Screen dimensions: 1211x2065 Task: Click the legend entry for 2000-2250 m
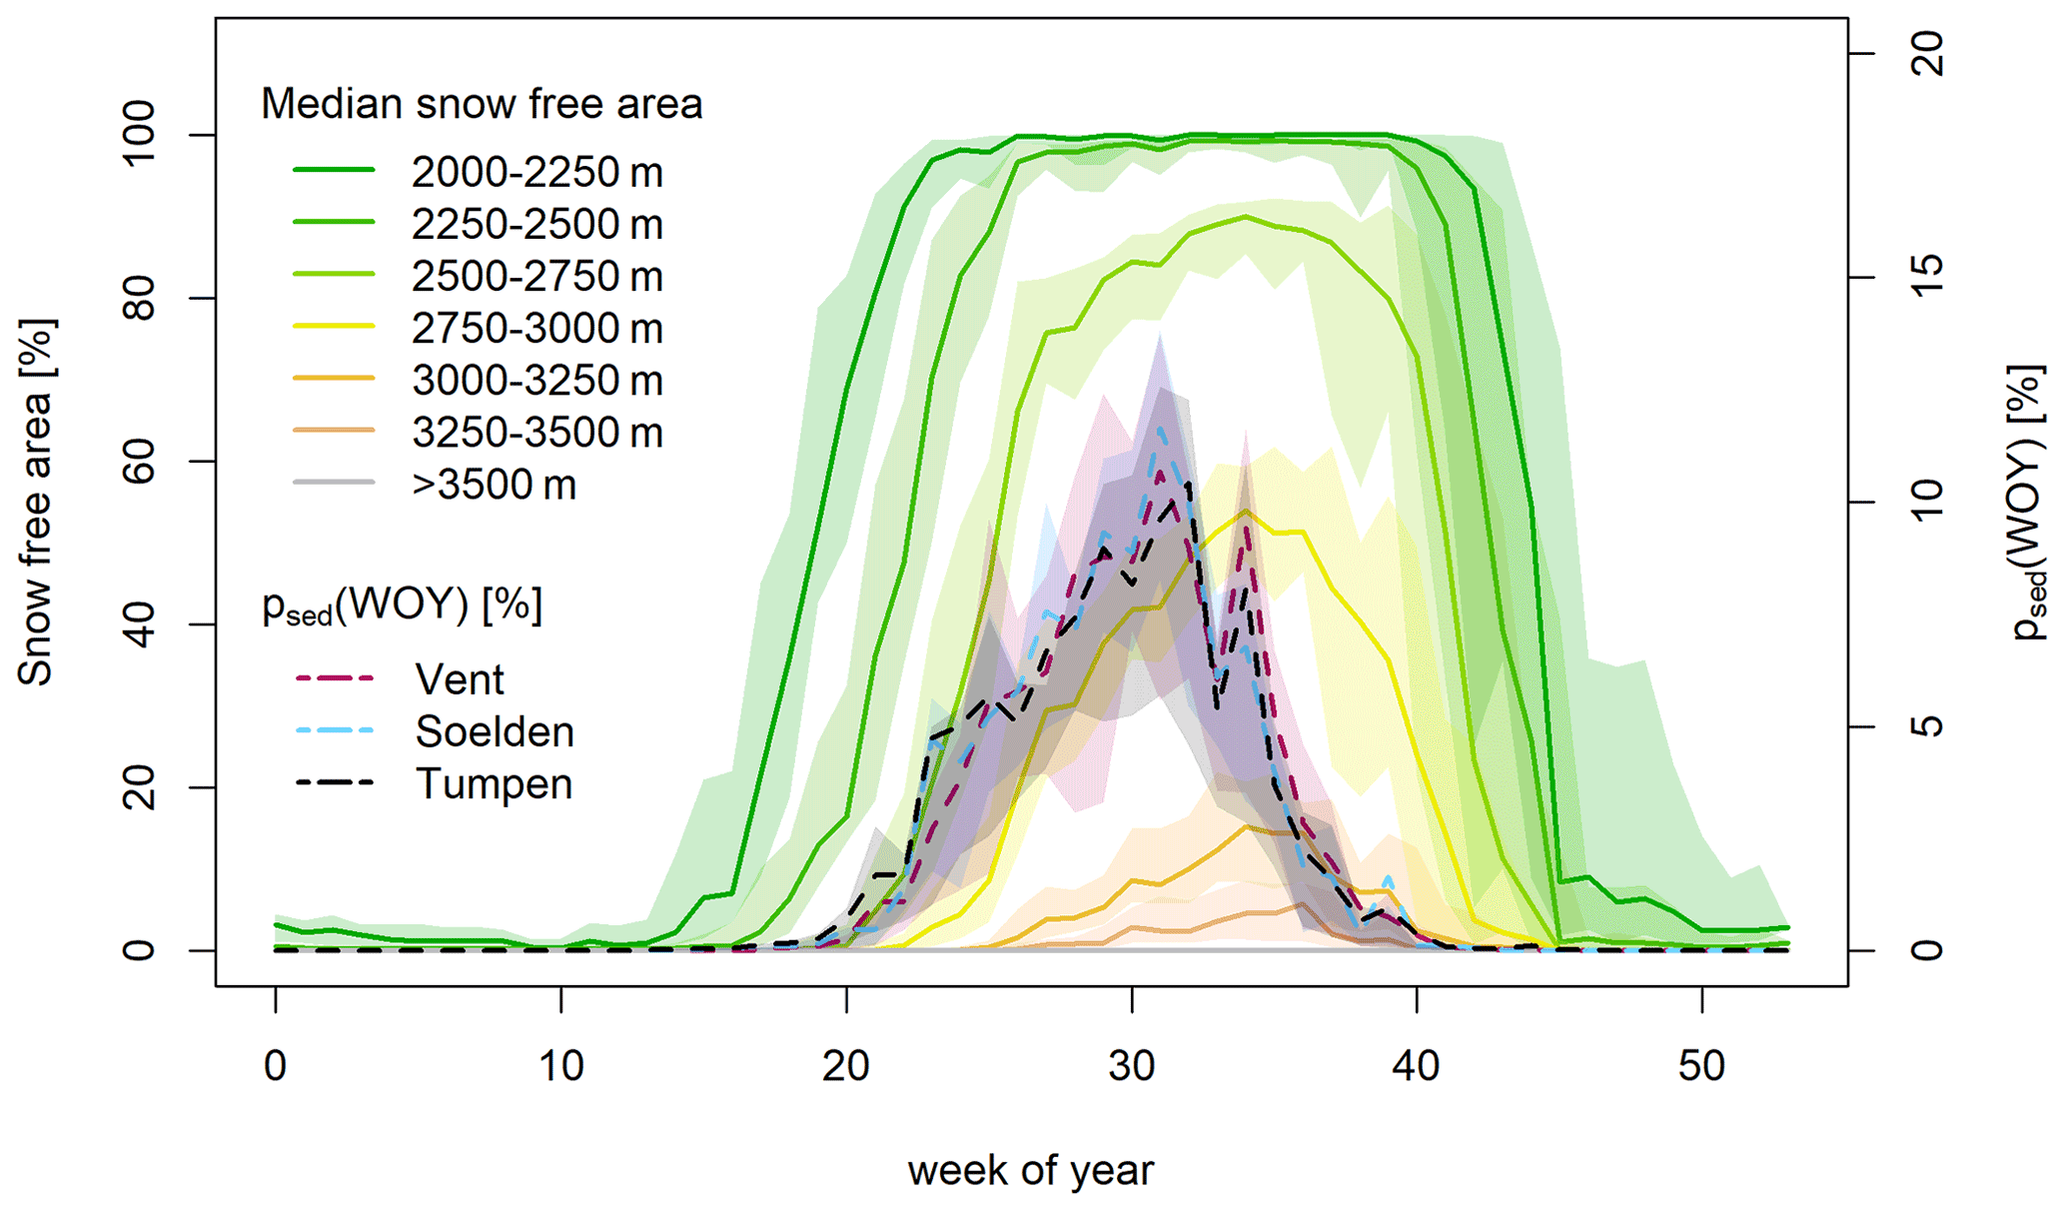click(536, 173)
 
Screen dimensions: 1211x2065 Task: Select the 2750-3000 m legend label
click(536, 329)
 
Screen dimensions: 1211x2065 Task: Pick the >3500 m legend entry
click(494, 485)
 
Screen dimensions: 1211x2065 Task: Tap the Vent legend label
click(460, 679)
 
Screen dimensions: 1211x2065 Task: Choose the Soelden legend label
click(495, 731)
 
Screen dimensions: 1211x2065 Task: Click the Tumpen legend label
click(494, 783)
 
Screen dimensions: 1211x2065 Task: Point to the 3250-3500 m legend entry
click(536, 433)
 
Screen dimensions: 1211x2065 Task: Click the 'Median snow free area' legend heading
click(482, 104)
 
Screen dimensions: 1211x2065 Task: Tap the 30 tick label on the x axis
click(1131, 1066)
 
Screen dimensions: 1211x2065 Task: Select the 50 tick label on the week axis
click(1701, 1066)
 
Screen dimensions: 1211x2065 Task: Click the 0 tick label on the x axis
click(276, 1066)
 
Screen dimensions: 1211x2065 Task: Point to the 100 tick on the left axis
click(139, 135)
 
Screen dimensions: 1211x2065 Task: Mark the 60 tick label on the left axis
click(139, 462)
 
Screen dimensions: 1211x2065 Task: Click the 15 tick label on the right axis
click(1929, 278)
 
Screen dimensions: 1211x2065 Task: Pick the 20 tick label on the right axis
click(1929, 53)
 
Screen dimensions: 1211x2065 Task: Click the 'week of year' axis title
click(1030, 1170)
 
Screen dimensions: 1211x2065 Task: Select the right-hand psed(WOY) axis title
click(2027, 503)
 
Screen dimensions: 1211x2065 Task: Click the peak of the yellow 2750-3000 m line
click(1245, 512)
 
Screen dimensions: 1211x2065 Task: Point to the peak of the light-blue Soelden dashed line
click(1160, 429)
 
